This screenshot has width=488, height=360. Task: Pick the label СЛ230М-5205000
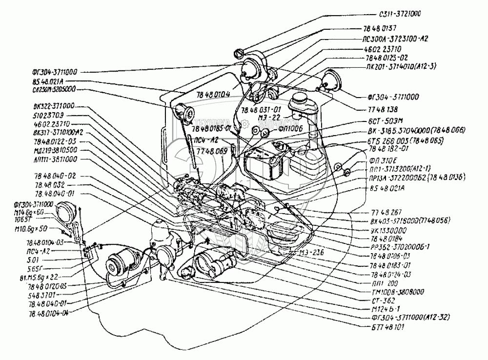[x=50, y=90]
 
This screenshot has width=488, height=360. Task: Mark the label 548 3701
[x=45, y=295]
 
